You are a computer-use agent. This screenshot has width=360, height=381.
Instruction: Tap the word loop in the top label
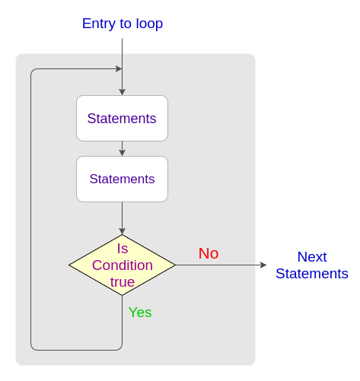(x=149, y=24)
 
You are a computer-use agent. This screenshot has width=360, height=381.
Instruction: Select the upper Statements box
(x=122, y=118)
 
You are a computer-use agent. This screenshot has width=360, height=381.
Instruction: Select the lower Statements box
(x=122, y=179)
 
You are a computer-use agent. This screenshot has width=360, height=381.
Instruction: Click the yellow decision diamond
(x=122, y=265)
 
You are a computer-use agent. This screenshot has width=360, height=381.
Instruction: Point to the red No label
(x=209, y=253)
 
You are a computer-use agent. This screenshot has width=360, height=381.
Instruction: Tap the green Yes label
(x=140, y=312)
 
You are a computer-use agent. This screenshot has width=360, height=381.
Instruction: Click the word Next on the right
(x=312, y=257)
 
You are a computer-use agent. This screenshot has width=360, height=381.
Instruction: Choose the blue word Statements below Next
(x=312, y=274)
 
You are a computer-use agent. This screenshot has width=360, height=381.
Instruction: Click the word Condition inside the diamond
(x=123, y=265)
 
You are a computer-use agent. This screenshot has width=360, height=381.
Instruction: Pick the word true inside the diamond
(x=123, y=282)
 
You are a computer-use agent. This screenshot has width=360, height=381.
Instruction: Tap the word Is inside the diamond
(x=123, y=249)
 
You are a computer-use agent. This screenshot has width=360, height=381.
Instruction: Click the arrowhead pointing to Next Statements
(x=263, y=265)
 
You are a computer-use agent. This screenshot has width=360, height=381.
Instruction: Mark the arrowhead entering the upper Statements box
(x=122, y=92)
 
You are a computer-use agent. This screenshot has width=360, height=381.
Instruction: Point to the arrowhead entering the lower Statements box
(x=122, y=153)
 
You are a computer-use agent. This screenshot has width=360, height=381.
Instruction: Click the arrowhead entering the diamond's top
(x=122, y=231)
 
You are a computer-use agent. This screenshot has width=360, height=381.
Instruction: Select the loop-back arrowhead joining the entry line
(x=119, y=68)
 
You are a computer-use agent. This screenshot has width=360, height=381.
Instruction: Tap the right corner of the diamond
(x=176, y=265)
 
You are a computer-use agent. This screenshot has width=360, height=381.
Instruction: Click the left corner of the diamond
(x=68, y=265)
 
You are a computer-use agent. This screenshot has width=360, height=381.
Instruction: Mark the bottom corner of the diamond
(x=122, y=295)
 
